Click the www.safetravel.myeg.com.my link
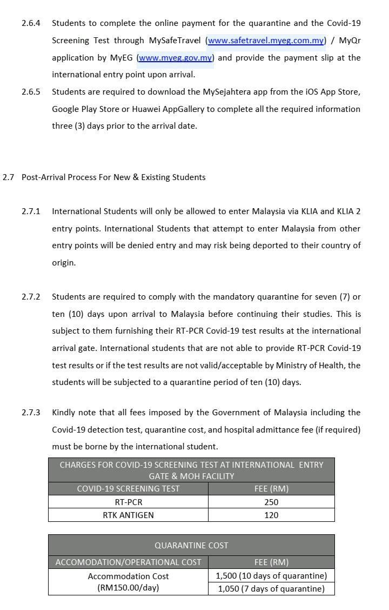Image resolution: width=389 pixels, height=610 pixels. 266,41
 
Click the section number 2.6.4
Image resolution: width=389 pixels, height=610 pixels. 31,23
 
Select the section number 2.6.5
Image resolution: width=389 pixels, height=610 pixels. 31,92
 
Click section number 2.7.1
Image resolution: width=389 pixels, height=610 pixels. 31,211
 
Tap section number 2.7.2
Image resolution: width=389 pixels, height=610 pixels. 31,297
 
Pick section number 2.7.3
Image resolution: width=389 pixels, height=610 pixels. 31,413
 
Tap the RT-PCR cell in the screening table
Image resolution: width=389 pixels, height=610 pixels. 128,502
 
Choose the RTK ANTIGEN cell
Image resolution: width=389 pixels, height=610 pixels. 128,515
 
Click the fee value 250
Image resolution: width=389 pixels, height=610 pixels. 271,502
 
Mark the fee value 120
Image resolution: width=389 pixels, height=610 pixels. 271,515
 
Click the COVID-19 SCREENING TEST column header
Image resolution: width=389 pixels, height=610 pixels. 128,489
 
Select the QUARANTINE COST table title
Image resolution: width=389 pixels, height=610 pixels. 191,545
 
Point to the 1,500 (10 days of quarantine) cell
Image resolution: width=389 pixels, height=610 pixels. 271,575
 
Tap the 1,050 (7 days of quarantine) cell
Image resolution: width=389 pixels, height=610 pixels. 271,589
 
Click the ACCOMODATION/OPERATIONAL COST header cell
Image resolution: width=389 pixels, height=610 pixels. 128,562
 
